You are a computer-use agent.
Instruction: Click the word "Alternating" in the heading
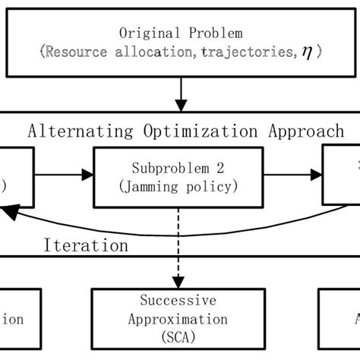(x=72, y=131)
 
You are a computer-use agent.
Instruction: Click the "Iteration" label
(x=85, y=246)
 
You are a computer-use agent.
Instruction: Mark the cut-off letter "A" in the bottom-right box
(x=353, y=320)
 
